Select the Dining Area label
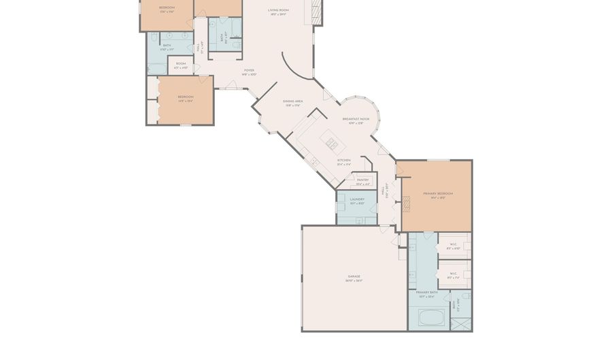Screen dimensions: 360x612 tap(292, 102)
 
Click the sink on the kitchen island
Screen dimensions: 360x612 tap(332, 144)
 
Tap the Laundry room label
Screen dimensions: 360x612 tap(357, 201)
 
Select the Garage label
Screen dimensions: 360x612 tap(354, 278)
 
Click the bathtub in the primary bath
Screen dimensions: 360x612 tap(430, 317)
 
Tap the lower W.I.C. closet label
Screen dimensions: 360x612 tap(454, 276)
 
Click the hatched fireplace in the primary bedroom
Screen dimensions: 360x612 tap(407, 202)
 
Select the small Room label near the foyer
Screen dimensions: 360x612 tap(181, 67)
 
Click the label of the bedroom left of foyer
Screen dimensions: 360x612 tap(186, 98)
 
